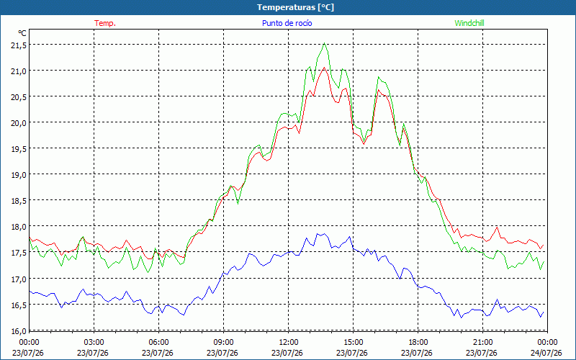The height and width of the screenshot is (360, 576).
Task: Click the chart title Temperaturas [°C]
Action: (295, 7)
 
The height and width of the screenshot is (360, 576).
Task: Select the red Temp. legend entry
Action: (105, 23)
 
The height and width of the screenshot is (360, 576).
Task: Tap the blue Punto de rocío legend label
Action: (287, 23)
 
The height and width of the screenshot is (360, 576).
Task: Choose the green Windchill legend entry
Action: (469, 23)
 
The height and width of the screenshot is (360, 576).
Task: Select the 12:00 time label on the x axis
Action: (289, 343)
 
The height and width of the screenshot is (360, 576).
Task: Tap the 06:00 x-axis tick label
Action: (158, 343)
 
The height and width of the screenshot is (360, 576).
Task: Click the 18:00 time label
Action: (418, 343)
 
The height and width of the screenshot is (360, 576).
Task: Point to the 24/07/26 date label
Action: (546, 353)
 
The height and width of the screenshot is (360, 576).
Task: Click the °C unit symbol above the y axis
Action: (22, 33)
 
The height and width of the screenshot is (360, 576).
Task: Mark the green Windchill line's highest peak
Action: (324, 43)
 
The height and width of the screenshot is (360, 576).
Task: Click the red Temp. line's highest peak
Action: (324, 67)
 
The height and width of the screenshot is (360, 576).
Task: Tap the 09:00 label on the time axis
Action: (223, 343)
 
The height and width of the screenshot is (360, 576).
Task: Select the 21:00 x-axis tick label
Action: (482, 343)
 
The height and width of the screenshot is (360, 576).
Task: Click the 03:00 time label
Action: (94, 343)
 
